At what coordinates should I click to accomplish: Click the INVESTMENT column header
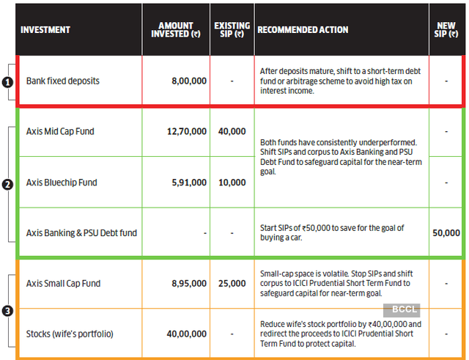(45, 30)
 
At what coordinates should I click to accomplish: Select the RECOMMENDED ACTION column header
(303, 30)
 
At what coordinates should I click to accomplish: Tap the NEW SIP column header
(446, 30)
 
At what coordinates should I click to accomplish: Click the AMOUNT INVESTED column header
(175, 30)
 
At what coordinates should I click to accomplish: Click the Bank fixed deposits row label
(62, 80)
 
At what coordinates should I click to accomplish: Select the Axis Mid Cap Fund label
(60, 131)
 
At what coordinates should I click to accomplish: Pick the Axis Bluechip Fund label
(62, 183)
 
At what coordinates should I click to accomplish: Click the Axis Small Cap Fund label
(64, 283)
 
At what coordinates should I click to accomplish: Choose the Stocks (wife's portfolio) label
(70, 334)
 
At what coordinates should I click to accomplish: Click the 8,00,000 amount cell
(189, 80)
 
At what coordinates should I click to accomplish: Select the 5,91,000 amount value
(189, 183)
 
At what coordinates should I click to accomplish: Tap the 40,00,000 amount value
(187, 334)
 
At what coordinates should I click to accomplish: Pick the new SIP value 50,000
(446, 233)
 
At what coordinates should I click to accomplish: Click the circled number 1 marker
(7, 83)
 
